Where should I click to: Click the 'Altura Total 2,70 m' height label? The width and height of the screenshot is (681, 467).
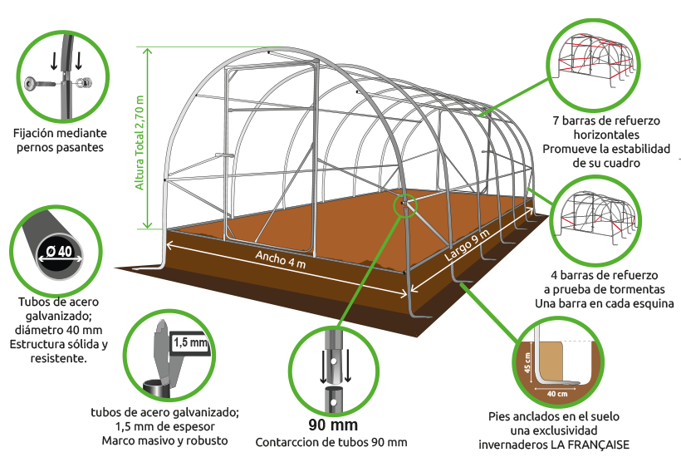pyautogui.click(x=140, y=142)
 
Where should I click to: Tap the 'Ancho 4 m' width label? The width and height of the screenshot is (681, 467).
pyautogui.click(x=280, y=259)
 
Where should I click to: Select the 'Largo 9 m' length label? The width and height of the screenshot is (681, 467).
pyautogui.click(x=467, y=244)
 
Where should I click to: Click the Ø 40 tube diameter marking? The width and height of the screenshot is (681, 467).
pyautogui.click(x=59, y=252)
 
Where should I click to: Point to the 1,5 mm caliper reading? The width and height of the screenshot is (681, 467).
pyautogui.click(x=191, y=342)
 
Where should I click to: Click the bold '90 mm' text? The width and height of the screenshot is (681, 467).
pyautogui.click(x=333, y=425)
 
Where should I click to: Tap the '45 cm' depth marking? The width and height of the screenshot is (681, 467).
pyautogui.click(x=527, y=362)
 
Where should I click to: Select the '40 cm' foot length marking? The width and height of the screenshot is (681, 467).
pyautogui.click(x=557, y=394)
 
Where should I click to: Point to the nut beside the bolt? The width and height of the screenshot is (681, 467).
pyautogui.click(x=86, y=81)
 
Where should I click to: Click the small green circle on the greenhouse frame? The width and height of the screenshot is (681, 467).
pyautogui.click(x=405, y=204)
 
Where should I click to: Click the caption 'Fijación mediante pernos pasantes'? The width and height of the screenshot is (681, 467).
pyautogui.click(x=60, y=140)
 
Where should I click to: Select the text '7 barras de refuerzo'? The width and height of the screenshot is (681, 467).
pyautogui.click(x=606, y=120)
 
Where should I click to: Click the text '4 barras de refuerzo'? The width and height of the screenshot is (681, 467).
pyautogui.click(x=604, y=275)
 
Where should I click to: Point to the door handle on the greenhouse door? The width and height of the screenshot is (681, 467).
pyautogui.click(x=224, y=155)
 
